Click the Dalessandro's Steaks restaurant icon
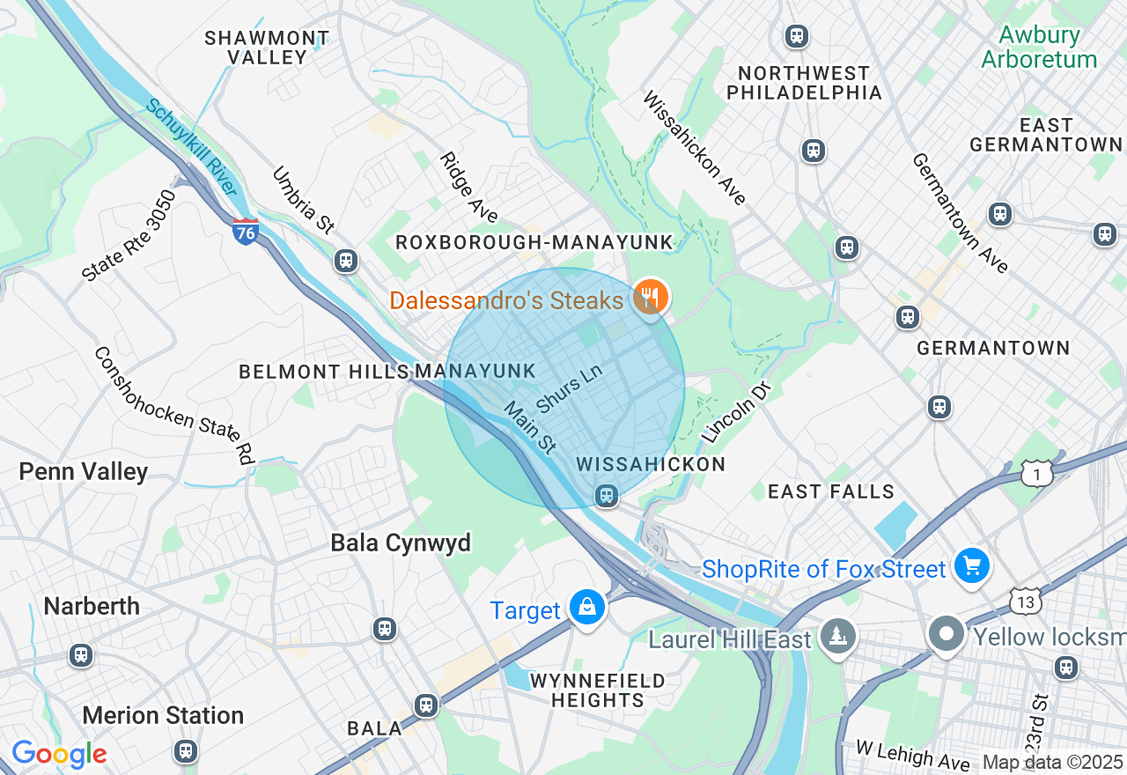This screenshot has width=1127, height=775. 650,298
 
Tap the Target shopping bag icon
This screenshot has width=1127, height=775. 586,608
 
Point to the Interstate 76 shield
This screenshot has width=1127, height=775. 246,232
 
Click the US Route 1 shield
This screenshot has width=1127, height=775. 1037,475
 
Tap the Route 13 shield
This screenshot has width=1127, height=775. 1026,601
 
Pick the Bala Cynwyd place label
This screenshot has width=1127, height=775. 401,542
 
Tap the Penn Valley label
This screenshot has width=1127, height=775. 84,472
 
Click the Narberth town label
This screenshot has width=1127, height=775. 92,607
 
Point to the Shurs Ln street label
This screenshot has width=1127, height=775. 569,388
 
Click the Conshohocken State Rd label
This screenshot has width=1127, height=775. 173,405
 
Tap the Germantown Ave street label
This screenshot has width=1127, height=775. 960,212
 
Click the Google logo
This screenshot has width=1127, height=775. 59,754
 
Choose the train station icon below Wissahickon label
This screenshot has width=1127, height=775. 606,495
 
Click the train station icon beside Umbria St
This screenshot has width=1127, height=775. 346,260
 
